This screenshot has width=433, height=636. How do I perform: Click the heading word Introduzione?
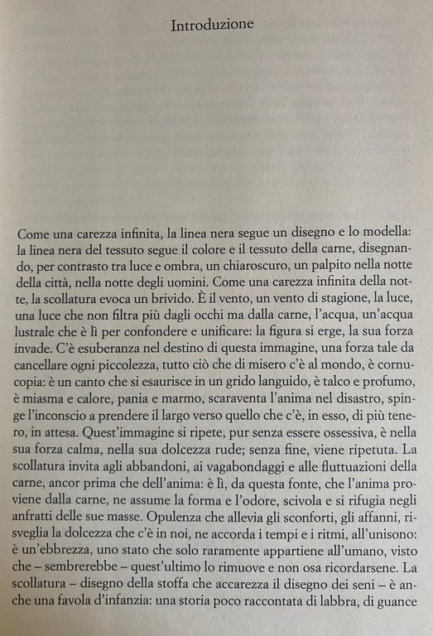click(212, 26)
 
